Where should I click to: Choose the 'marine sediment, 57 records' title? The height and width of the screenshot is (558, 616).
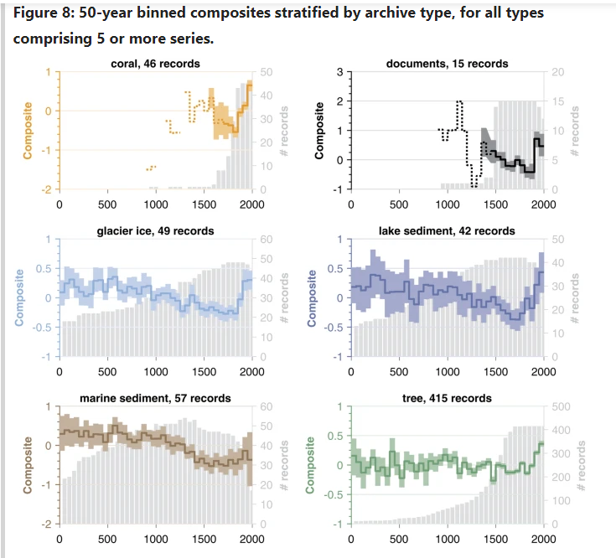(155, 398)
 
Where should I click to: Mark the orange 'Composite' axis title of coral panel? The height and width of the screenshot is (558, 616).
(28, 131)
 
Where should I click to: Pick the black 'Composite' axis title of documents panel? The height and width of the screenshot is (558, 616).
(318, 131)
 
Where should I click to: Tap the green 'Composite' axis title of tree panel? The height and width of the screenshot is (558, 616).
(312, 465)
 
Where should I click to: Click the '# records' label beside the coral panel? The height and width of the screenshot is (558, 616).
(285, 131)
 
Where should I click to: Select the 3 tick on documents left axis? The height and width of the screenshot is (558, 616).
(339, 72)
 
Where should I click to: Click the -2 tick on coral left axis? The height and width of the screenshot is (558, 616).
(48, 189)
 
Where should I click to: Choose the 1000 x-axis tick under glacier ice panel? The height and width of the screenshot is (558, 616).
(156, 370)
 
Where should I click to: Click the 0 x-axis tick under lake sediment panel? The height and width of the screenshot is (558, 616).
(350, 370)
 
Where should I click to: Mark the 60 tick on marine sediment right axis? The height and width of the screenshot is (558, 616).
(267, 407)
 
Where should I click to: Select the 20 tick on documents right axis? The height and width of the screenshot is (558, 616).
(558, 72)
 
